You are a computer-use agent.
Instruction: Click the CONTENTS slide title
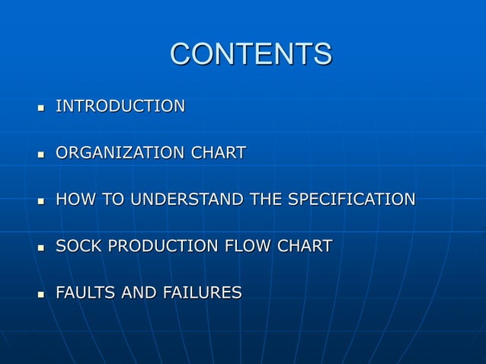251,54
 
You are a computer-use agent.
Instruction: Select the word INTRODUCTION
120,106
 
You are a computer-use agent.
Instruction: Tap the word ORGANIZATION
120,153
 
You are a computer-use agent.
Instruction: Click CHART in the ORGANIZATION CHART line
219,153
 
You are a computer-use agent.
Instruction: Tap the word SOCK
76,246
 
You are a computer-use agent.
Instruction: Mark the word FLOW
247,246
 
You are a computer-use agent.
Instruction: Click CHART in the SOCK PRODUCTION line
305,246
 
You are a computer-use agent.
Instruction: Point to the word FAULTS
85,292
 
